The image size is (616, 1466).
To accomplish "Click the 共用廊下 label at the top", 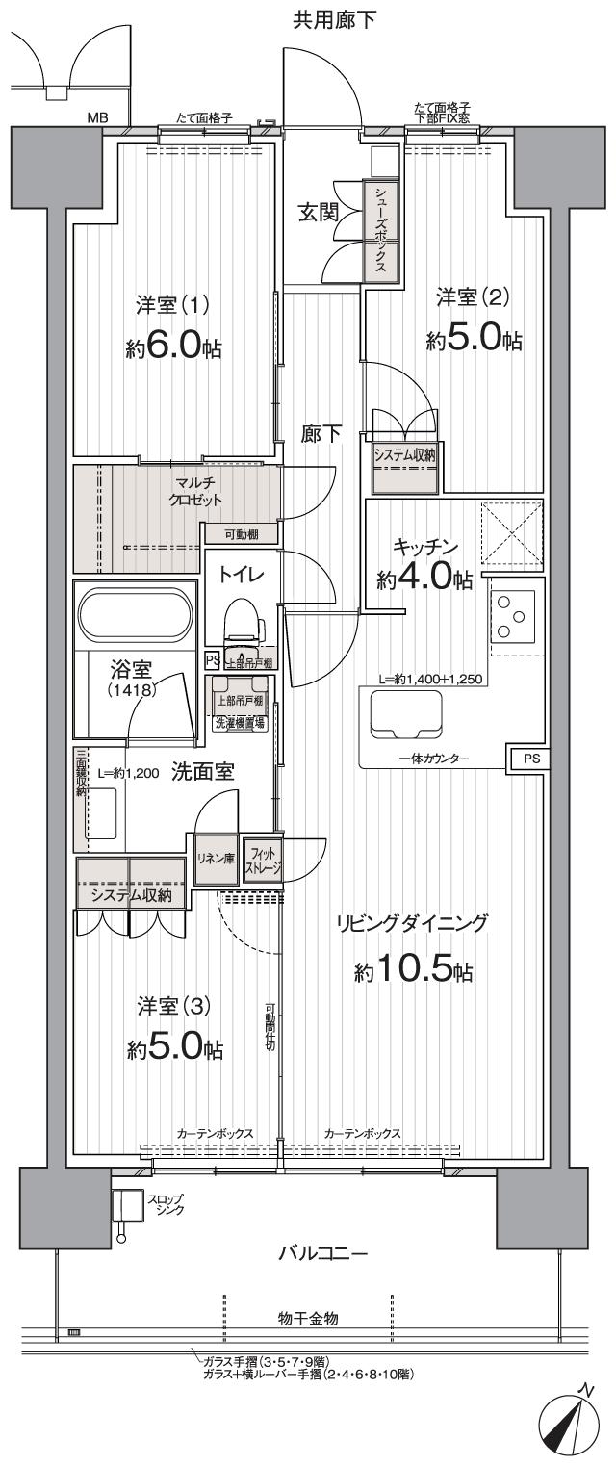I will pos(335,18).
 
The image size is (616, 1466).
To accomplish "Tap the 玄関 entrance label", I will pos(317,213).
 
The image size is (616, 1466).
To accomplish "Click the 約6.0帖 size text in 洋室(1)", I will pos(174,347).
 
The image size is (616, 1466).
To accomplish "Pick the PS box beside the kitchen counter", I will pos(531,759).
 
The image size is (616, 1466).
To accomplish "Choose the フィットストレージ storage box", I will pos(262,857).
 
